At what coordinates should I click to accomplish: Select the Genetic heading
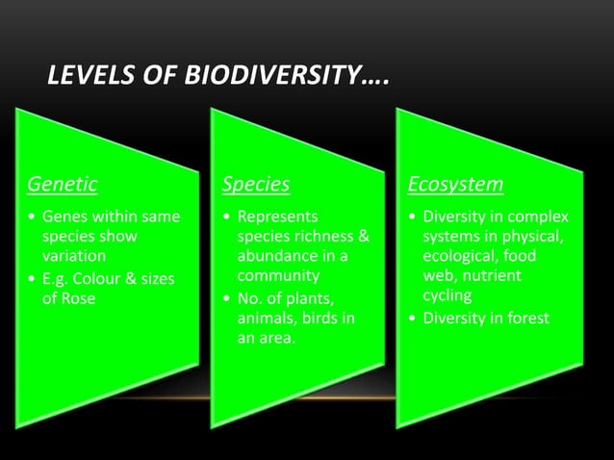pos(62,183)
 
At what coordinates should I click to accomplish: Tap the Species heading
pos(256,183)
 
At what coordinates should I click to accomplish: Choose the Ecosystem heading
pos(455,183)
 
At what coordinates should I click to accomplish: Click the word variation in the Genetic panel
pos(72,256)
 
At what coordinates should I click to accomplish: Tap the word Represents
pos(277,217)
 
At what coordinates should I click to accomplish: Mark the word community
pos(278,275)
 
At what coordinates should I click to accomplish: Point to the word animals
pos(267,317)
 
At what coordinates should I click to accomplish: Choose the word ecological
pos(460,256)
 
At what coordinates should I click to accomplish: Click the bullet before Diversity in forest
pos(414,318)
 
